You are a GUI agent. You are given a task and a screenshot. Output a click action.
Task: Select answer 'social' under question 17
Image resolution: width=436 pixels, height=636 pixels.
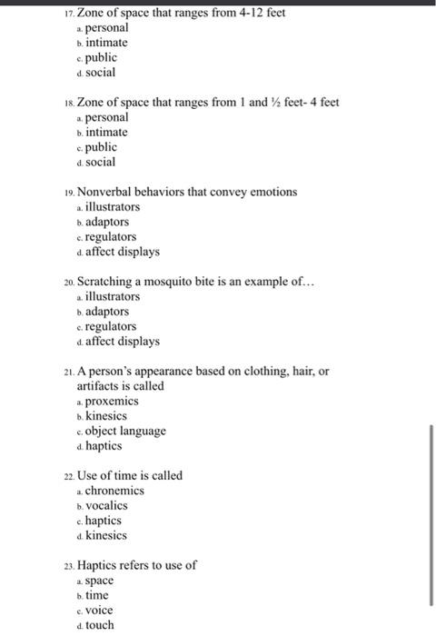point(100,72)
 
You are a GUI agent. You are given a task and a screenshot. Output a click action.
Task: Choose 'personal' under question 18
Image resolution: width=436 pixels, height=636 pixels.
point(106,117)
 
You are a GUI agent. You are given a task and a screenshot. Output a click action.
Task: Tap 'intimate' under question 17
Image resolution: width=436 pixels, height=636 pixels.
point(106,43)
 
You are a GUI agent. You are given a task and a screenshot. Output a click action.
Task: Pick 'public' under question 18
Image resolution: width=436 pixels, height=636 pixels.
point(101,147)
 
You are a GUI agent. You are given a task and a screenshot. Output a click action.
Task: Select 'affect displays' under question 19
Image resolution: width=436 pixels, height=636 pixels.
point(122,252)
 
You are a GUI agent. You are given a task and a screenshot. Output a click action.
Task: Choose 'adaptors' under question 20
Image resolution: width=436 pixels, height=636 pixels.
point(107,312)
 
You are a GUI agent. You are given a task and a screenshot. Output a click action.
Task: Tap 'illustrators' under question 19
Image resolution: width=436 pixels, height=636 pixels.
point(113,207)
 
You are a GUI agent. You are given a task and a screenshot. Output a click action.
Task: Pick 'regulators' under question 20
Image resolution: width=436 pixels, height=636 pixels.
point(111,326)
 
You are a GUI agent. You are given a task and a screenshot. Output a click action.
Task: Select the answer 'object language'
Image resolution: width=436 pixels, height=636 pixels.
point(125,431)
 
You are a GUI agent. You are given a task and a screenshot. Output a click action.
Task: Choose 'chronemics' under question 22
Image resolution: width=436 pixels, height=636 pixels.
point(114,491)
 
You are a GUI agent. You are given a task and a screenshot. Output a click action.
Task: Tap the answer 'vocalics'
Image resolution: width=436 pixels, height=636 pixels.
point(106,505)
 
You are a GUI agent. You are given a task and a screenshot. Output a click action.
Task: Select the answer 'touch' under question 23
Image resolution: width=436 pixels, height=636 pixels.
point(99,625)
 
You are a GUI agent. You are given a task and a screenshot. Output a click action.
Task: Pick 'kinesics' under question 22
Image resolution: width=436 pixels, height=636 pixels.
point(106,535)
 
